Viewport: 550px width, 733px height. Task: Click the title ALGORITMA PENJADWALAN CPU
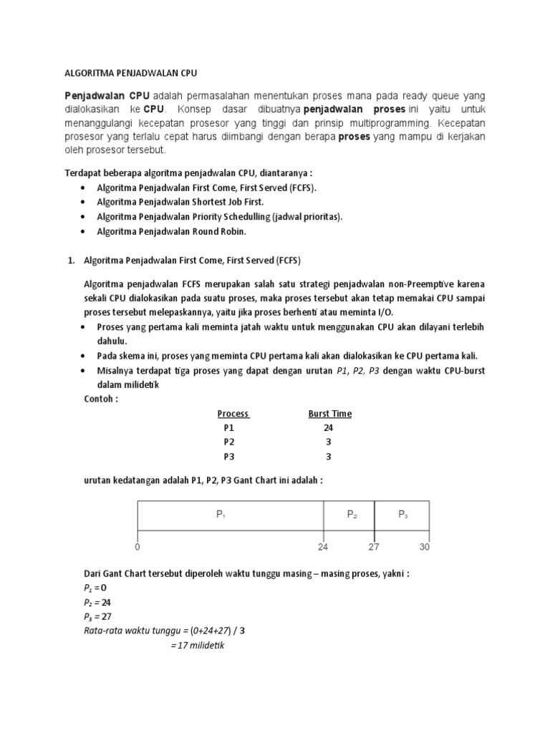(131, 73)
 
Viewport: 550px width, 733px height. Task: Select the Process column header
(233, 414)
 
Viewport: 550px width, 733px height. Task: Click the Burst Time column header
(329, 414)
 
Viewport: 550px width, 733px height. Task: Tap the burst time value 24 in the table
(328, 428)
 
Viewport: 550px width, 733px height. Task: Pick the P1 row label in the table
(228, 428)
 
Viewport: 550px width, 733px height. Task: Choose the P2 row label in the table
(228, 442)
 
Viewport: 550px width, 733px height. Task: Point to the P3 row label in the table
(228, 457)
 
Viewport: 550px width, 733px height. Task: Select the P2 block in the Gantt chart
(352, 515)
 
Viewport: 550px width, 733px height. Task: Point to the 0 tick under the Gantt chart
(137, 547)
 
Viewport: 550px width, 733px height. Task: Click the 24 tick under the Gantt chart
(323, 547)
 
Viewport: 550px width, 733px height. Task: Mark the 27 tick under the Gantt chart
(374, 547)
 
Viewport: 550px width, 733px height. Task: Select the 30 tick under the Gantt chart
(425, 547)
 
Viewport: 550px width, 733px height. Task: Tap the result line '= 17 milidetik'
(198, 645)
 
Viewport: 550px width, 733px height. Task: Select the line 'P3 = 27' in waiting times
(98, 616)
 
